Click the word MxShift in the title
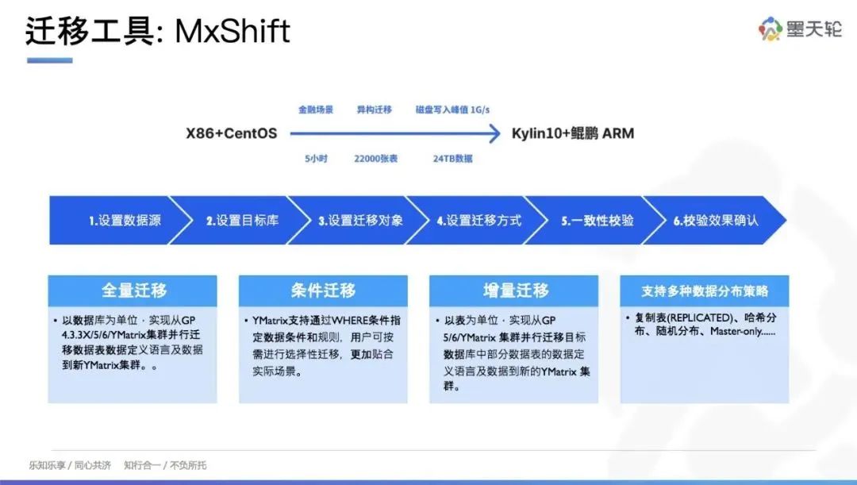point(233,31)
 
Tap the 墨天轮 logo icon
point(770,29)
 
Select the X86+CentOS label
point(231,133)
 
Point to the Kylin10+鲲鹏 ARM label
point(573,133)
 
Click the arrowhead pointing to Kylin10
point(494,133)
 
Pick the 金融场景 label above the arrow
point(315,110)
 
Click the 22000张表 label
point(376,159)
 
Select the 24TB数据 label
point(452,159)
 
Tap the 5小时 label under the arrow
point(316,159)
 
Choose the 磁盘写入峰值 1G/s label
point(452,110)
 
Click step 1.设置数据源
point(125,221)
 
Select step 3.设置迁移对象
point(361,221)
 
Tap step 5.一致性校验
point(598,221)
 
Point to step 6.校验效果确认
point(716,221)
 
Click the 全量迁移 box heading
point(134,291)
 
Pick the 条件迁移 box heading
point(323,291)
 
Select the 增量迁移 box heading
point(516,291)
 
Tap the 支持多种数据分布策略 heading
point(705,291)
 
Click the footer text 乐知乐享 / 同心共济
point(70,465)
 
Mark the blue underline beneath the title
point(50,60)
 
